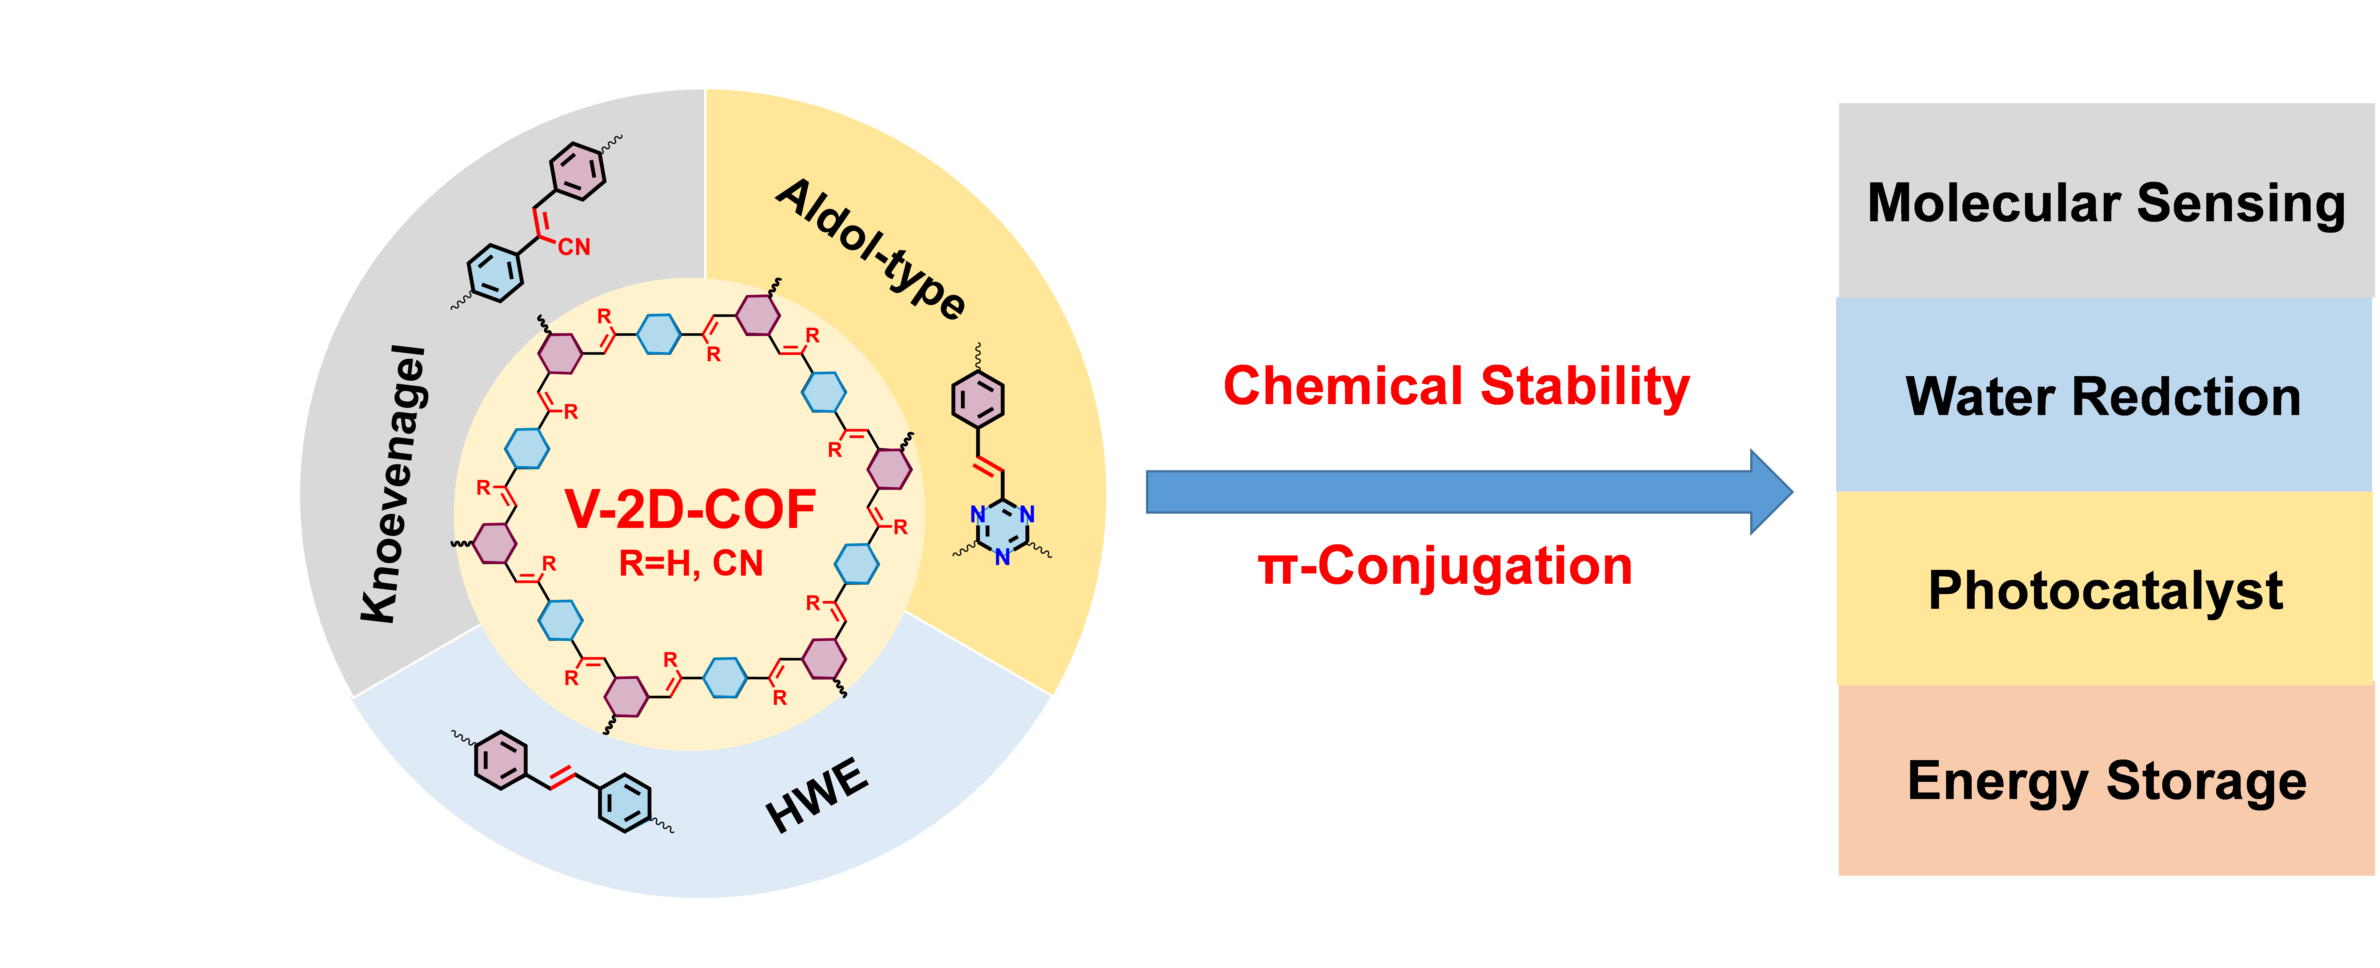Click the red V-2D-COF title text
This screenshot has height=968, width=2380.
pyautogui.click(x=690, y=510)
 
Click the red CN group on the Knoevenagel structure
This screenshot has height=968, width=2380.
pyautogui.click(x=574, y=247)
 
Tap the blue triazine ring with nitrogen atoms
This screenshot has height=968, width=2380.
pyautogui.click(x=1003, y=530)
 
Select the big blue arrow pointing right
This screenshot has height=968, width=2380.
pyautogui.click(x=1469, y=491)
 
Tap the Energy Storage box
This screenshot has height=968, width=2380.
pyautogui.click(x=2106, y=780)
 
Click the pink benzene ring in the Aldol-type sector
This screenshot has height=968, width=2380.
pyautogui.click(x=978, y=399)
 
